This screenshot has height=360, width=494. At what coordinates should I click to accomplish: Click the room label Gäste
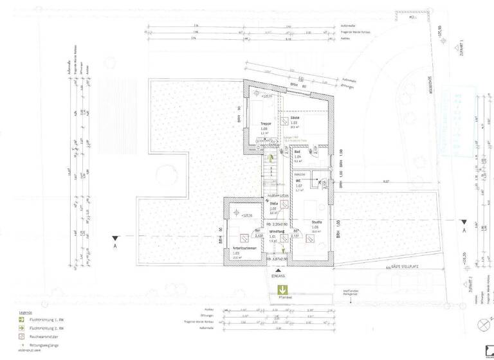[295, 118]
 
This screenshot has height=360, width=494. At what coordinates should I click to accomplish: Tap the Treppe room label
[265, 123]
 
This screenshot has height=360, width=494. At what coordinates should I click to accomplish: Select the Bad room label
[298, 152]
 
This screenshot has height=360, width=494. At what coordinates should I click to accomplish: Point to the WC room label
[298, 182]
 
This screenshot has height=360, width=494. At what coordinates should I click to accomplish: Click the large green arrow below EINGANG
[282, 290]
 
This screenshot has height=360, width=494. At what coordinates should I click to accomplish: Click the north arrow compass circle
[482, 324]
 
